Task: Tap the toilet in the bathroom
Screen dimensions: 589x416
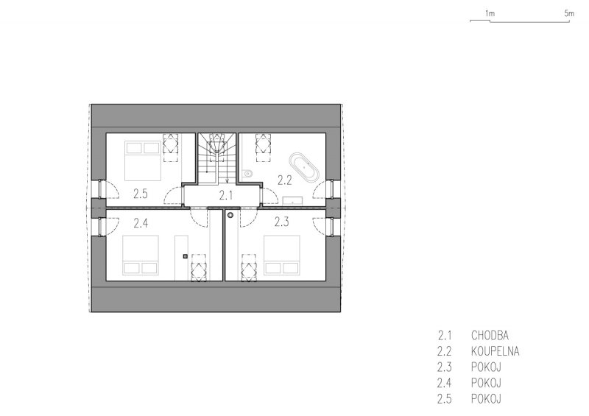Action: [x=247, y=174]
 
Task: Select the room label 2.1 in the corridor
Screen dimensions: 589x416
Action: [x=226, y=195]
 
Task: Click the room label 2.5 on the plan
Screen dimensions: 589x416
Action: [x=140, y=194]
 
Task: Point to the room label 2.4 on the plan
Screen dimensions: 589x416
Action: [x=141, y=224]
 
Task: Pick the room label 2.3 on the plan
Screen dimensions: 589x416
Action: [x=281, y=222]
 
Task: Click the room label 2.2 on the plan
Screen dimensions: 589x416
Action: [x=284, y=180]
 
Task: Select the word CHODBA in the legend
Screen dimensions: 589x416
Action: [x=490, y=335]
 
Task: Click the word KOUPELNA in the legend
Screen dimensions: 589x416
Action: [x=495, y=351]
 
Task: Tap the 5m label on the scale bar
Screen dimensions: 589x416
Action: [x=569, y=13]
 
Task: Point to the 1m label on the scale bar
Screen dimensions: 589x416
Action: [x=490, y=13]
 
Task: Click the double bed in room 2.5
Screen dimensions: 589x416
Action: [x=143, y=161]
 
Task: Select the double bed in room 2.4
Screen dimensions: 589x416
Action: [x=141, y=255]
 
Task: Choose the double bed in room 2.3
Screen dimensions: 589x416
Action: [x=282, y=255]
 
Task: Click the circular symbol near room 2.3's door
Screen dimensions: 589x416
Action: [x=230, y=215]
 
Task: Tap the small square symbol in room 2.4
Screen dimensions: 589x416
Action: [x=185, y=257]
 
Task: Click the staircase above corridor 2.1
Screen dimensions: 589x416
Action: [x=217, y=158]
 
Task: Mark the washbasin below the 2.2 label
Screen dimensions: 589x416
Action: [x=292, y=201]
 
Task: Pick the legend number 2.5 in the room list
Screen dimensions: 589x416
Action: [x=445, y=399]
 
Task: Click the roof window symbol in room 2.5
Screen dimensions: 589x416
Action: [x=170, y=147]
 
